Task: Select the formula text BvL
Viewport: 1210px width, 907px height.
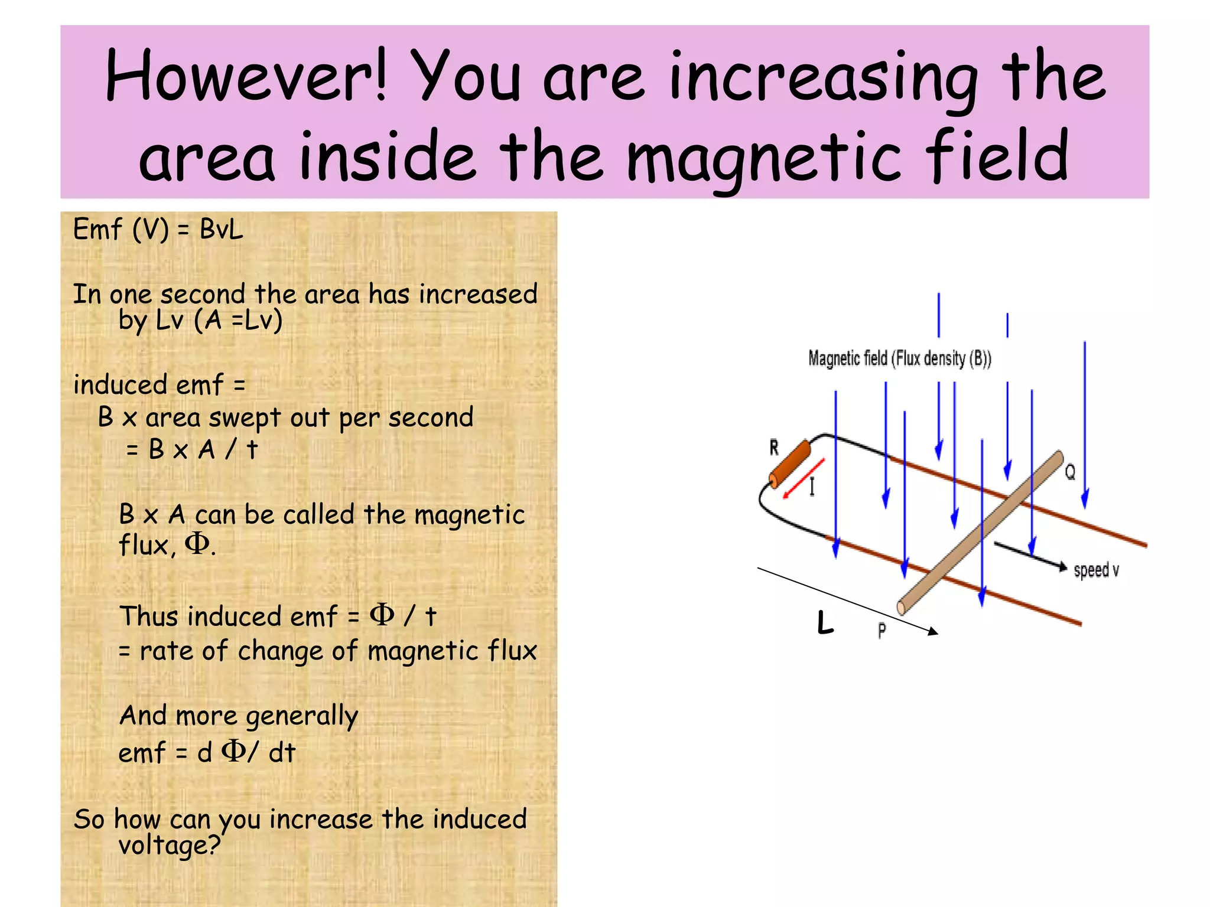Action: [x=221, y=229]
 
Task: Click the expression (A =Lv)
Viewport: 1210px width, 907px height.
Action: [x=238, y=321]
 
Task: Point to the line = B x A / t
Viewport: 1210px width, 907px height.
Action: [x=192, y=450]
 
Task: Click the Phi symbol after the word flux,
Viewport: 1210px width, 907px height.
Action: [x=197, y=543]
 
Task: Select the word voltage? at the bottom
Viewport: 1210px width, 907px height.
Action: [x=170, y=845]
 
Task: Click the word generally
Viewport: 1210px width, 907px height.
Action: [x=302, y=716]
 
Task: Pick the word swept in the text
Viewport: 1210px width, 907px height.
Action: [x=245, y=418]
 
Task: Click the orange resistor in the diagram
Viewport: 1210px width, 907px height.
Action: [x=789, y=463]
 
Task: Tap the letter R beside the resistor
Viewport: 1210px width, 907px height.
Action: [x=774, y=448]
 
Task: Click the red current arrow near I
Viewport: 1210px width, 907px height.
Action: [x=803, y=479]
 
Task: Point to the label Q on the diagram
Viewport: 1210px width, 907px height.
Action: [x=1070, y=472]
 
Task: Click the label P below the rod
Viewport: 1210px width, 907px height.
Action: [x=882, y=631]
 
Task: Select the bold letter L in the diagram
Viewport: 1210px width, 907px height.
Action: [x=825, y=623]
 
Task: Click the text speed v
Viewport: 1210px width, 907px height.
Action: [x=1096, y=570]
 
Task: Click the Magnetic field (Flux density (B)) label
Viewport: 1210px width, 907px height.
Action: [x=899, y=358]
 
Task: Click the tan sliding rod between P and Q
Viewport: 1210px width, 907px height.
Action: [x=981, y=532]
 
